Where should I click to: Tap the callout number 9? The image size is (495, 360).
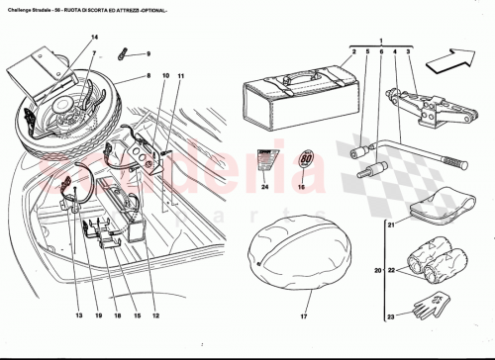(148, 53)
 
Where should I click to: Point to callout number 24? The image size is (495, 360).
(265, 185)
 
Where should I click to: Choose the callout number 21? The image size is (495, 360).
(390, 225)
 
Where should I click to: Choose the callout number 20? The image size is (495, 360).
(377, 270)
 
